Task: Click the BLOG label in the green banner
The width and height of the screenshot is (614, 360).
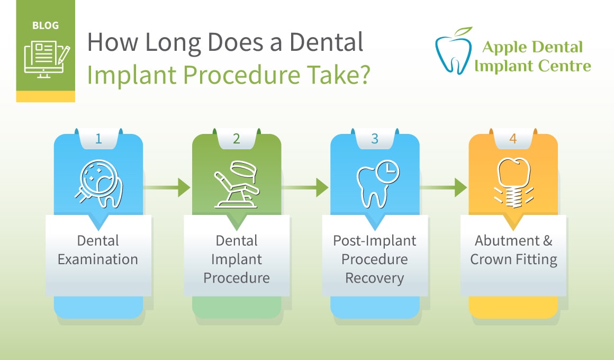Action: [45, 25]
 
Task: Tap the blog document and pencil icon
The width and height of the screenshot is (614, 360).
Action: [45, 60]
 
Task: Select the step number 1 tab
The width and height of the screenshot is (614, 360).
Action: [98, 139]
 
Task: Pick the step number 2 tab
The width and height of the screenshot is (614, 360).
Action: [237, 139]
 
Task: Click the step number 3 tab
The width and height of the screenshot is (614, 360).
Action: [375, 139]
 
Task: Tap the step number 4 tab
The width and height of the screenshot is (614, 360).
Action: [513, 139]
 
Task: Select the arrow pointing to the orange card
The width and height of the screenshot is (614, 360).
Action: [444, 187]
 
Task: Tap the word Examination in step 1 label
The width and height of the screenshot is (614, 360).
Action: [98, 259]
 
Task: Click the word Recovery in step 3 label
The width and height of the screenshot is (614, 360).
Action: [374, 277]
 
